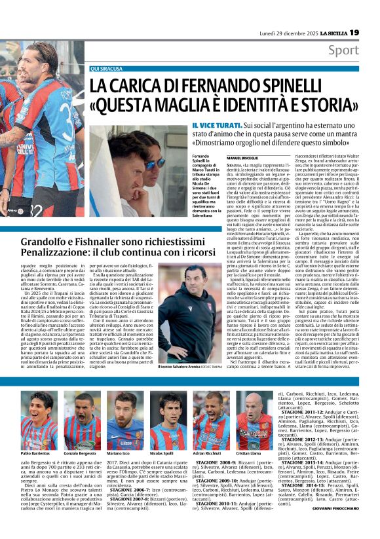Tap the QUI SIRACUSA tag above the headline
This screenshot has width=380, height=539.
point(107,68)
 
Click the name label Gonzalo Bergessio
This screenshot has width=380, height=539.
point(81,454)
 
